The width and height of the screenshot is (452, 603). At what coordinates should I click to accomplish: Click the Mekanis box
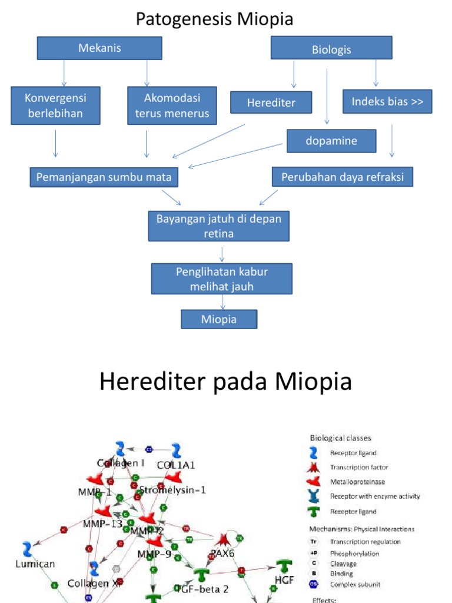click(x=99, y=48)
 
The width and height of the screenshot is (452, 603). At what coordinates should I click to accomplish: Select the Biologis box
click(x=331, y=49)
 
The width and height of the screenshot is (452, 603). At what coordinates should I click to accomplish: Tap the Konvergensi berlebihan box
click(x=55, y=105)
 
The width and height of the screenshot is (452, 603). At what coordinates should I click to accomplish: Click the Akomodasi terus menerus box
click(x=172, y=105)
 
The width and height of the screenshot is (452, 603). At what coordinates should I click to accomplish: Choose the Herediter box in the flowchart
click(x=271, y=102)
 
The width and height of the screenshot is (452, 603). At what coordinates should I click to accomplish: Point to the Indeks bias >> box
click(x=387, y=101)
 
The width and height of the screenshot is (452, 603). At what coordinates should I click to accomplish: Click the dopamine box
click(x=331, y=141)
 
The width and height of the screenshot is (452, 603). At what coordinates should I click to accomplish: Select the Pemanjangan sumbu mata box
click(x=104, y=177)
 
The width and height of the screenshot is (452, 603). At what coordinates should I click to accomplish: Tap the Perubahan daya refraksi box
click(x=342, y=177)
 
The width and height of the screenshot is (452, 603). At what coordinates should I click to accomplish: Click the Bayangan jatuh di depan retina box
click(x=219, y=226)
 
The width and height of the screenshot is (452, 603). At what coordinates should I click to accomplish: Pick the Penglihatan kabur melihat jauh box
click(x=222, y=279)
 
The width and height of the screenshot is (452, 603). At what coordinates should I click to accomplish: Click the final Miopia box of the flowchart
click(x=219, y=319)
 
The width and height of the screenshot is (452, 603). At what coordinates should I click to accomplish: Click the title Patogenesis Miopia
click(x=215, y=19)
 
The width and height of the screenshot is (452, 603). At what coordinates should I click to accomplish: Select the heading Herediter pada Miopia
click(x=225, y=382)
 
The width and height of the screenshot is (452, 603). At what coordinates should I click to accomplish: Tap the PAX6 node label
click(x=224, y=554)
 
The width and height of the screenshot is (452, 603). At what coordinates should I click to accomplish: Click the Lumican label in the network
click(x=35, y=564)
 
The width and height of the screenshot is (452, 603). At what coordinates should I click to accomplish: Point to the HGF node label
click(x=285, y=580)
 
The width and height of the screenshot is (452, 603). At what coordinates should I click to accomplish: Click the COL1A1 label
click(x=176, y=465)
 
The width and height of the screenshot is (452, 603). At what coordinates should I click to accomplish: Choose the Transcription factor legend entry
click(x=359, y=467)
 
